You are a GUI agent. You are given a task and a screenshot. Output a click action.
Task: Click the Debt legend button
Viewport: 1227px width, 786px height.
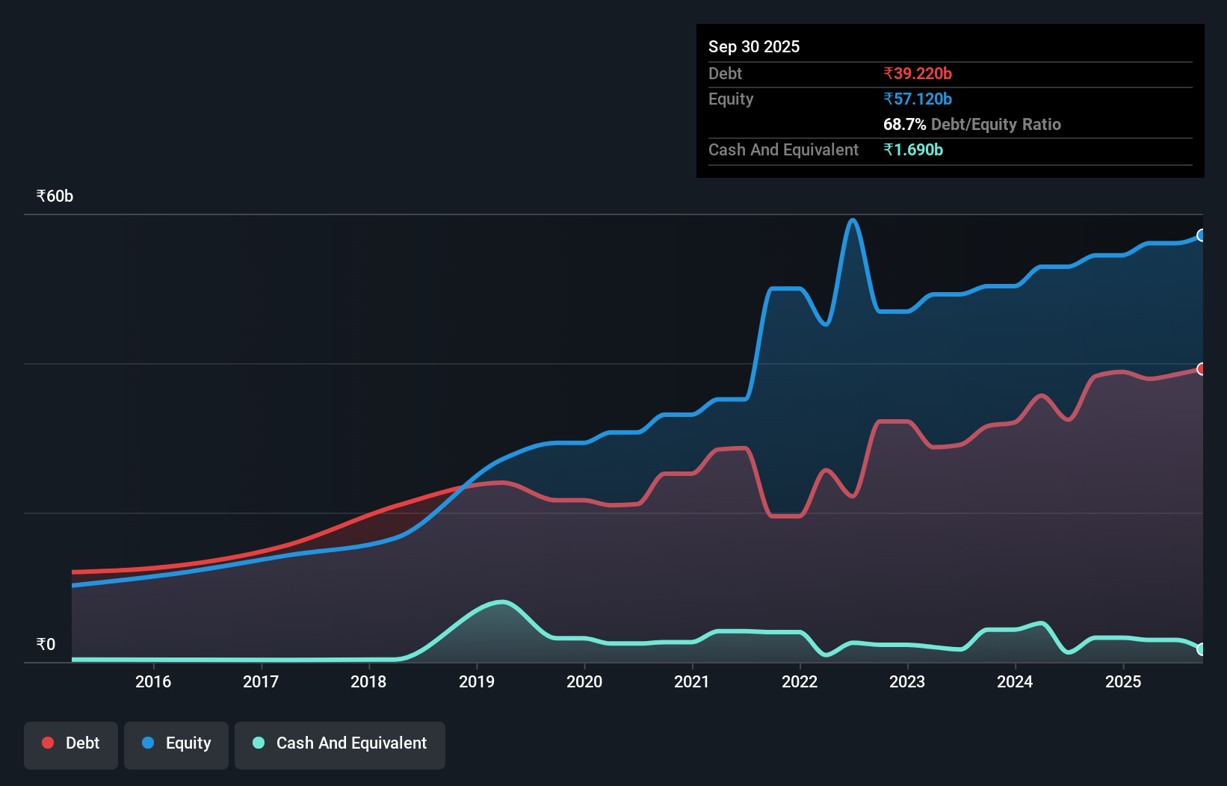tap(71, 743)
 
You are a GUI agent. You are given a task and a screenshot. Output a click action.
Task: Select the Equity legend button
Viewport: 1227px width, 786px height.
tap(176, 743)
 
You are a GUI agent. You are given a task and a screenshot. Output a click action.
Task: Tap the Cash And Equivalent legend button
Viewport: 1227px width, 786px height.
tap(340, 743)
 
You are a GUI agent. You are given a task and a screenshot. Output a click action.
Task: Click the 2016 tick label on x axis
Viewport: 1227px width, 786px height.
tap(153, 681)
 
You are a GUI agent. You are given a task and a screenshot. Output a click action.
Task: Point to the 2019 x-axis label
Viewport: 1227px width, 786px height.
tap(477, 681)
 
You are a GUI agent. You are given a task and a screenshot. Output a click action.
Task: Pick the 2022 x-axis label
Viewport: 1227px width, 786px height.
tap(800, 681)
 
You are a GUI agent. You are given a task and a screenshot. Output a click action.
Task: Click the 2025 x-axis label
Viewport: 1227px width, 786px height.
tap(1123, 681)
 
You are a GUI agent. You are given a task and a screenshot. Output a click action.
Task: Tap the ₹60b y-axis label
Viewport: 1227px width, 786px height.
tap(55, 196)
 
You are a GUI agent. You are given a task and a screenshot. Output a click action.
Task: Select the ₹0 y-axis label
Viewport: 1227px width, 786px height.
tap(46, 644)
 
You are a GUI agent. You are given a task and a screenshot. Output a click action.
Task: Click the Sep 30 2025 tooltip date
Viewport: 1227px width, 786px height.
tap(754, 46)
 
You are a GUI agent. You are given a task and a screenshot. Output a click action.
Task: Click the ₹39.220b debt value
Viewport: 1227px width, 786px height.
tap(918, 73)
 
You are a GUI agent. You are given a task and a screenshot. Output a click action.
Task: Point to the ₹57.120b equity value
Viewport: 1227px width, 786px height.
tap(918, 99)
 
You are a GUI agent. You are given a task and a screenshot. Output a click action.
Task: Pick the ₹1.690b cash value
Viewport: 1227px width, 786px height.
tap(913, 149)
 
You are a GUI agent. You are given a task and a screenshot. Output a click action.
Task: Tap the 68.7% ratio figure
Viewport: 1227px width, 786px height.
tap(904, 124)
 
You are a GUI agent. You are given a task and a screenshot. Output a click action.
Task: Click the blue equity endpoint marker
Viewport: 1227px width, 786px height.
tap(1202, 235)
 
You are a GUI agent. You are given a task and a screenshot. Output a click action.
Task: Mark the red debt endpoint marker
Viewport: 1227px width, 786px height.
tap(1202, 369)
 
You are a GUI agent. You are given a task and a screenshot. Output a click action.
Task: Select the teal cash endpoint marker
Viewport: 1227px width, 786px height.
tap(1202, 649)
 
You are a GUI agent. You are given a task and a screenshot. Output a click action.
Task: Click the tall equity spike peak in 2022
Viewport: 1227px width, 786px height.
tap(853, 220)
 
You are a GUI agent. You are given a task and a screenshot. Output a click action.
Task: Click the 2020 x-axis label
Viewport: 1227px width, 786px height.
tap(584, 681)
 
